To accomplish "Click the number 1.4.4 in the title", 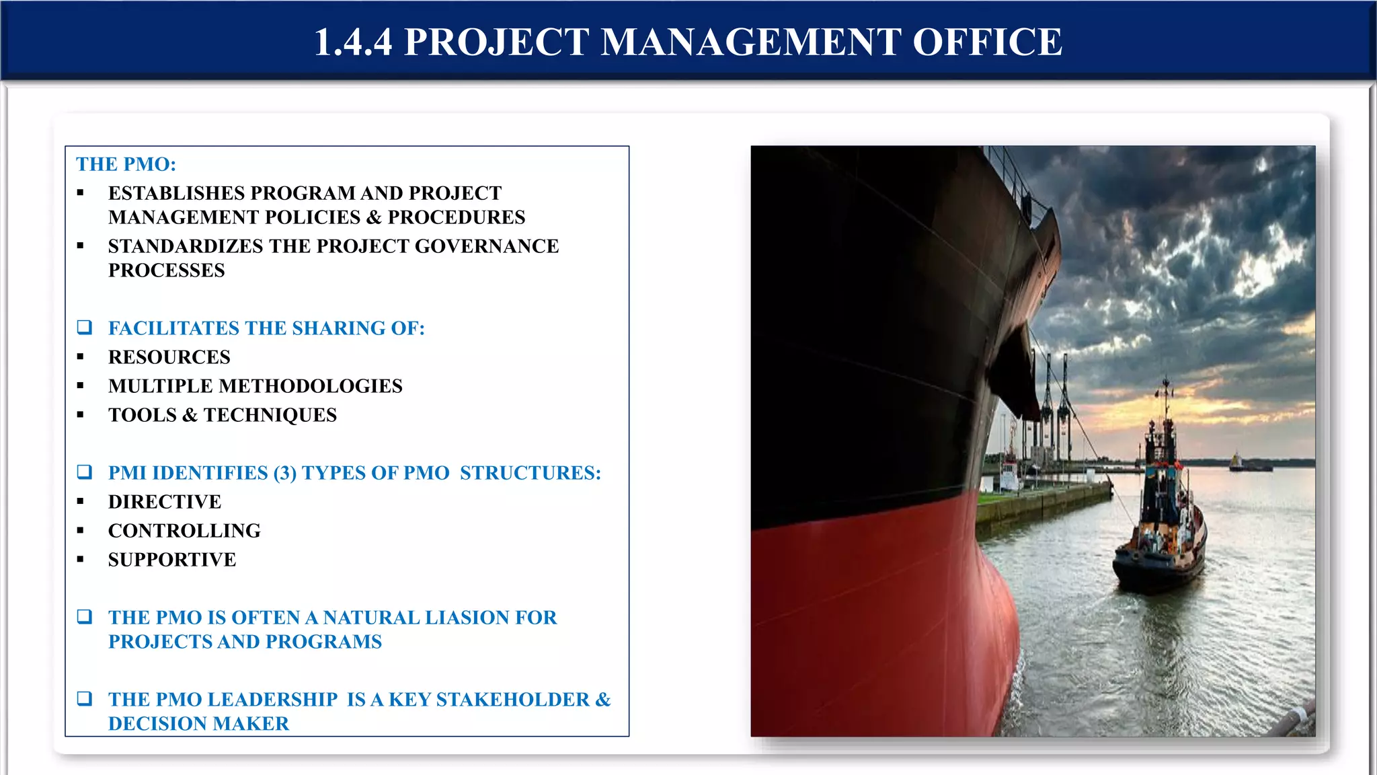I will [x=353, y=42].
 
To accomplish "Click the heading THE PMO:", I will [x=126, y=164].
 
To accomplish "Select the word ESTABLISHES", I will [x=176, y=193].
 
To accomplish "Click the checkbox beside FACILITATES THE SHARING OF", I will [x=85, y=328].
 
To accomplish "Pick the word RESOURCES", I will [x=169, y=357].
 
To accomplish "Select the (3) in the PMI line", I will [x=284, y=473].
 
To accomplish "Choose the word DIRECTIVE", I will [x=165, y=502].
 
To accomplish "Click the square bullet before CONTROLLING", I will [x=81, y=531].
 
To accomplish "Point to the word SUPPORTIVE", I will [x=172, y=560].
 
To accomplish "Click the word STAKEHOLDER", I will [x=513, y=700].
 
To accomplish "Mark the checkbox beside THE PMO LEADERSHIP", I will [x=85, y=699].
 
